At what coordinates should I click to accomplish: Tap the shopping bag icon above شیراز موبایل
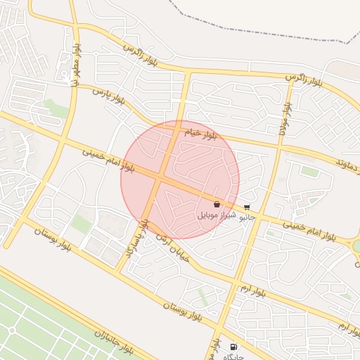pyautogui.click(x=217, y=204)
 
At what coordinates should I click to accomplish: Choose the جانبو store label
pyautogui.click(x=247, y=217)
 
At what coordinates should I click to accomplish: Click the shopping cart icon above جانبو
pyautogui.click(x=247, y=207)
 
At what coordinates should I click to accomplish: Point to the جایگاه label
pyautogui.click(x=233, y=356)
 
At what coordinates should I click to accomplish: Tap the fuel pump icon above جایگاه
pyautogui.click(x=233, y=347)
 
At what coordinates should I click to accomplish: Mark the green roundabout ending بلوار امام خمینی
pyautogui.click(x=356, y=246)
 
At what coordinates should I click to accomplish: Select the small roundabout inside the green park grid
pyautogui.click(x=12, y=330)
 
